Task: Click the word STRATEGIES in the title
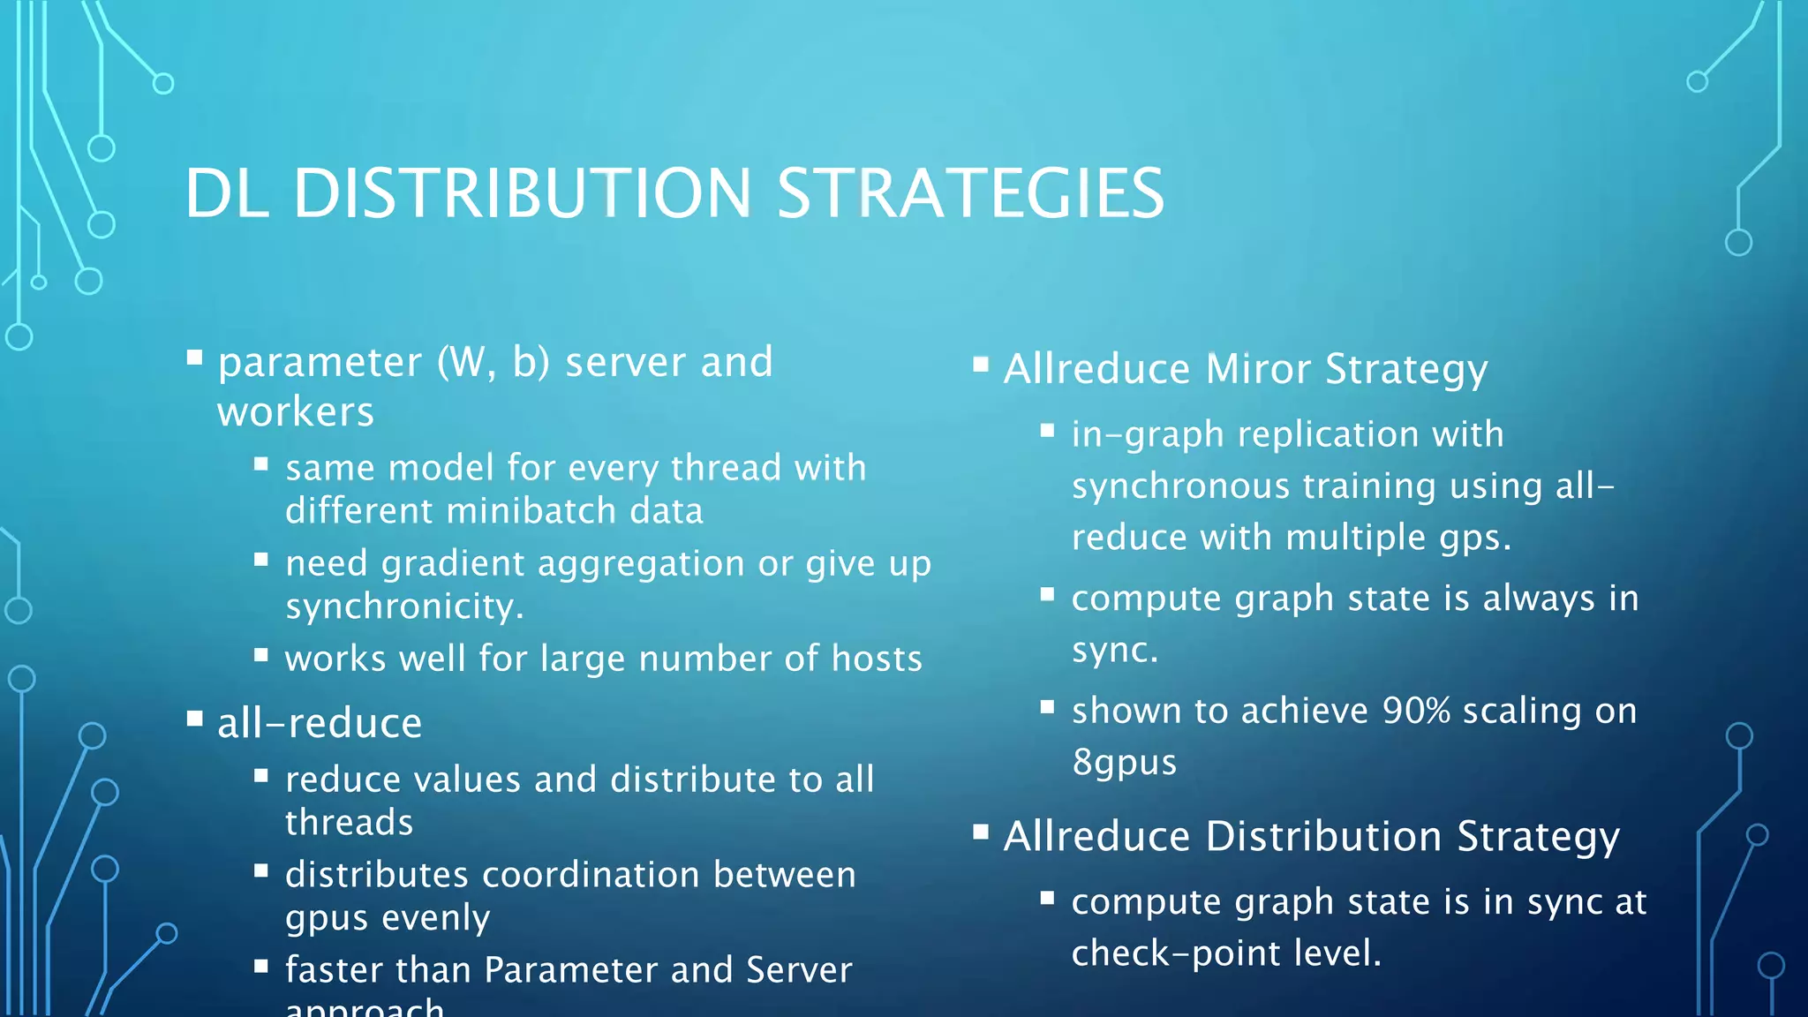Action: [970, 193]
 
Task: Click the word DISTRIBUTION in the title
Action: [523, 193]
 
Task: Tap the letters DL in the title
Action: [226, 193]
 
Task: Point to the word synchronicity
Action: [403, 606]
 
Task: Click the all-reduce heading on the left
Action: [320, 723]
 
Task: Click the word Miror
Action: [1258, 369]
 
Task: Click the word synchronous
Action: [1180, 486]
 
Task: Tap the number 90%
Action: [1416, 711]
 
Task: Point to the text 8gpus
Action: [1124, 762]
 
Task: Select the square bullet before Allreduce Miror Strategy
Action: [980, 365]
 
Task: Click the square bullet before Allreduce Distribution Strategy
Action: [980, 832]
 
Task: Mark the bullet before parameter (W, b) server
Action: [194, 358]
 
